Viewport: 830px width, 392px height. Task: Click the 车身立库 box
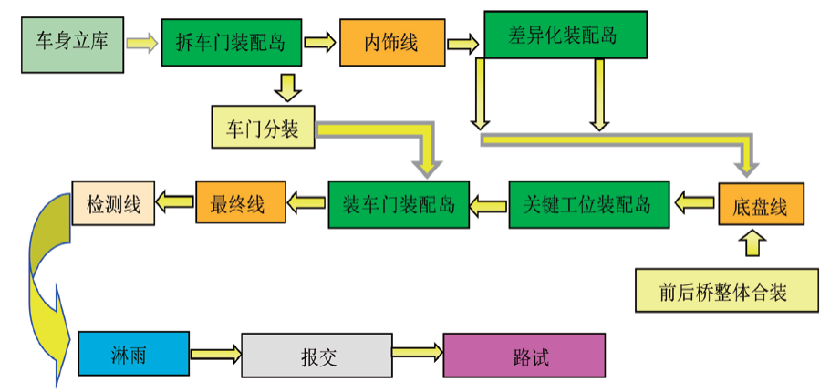(71, 42)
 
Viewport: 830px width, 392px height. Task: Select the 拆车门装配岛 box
(231, 42)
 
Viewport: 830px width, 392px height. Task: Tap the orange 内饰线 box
(391, 42)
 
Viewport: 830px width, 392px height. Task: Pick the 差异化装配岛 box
(564, 36)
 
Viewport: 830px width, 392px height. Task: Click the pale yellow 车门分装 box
(262, 127)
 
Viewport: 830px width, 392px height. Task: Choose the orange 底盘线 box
(761, 204)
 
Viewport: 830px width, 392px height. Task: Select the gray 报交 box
(316, 355)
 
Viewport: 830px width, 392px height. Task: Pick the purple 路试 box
(524, 355)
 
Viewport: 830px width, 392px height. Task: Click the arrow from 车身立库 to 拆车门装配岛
(141, 42)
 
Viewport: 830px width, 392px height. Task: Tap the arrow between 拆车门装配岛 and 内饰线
(319, 42)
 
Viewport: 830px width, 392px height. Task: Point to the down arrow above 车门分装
(287, 87)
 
